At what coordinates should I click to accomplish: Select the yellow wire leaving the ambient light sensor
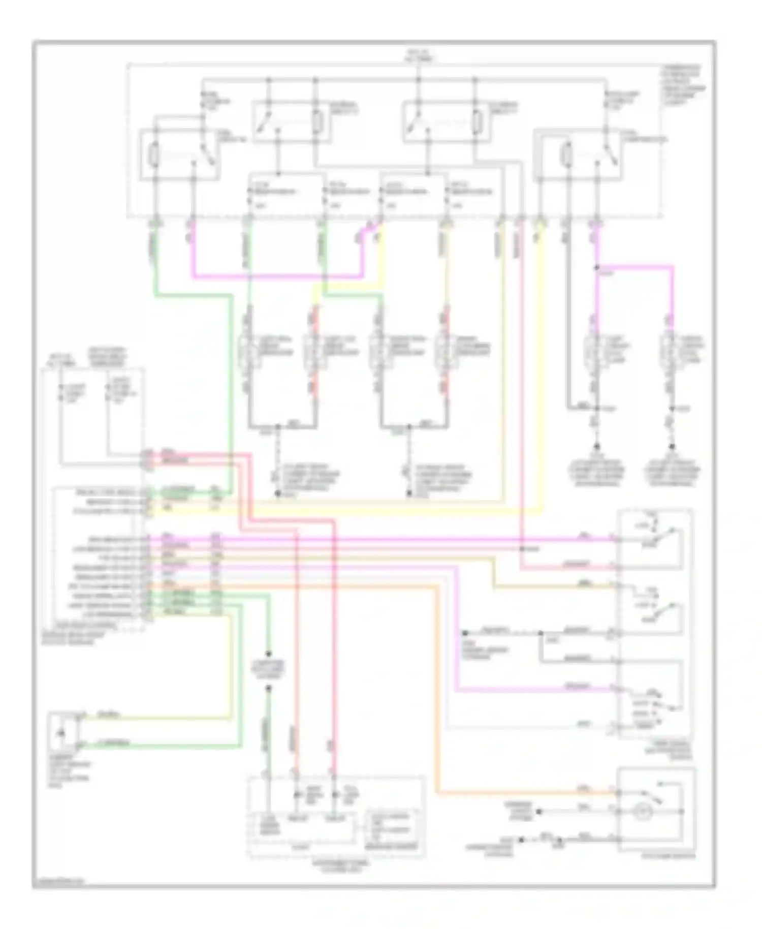tap(152, 718)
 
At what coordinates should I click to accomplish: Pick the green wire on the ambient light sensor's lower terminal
tap(152, 746)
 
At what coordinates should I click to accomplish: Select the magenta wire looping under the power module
tap(274, 277)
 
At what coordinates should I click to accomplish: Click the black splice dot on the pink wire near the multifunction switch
tap(522, 549)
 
